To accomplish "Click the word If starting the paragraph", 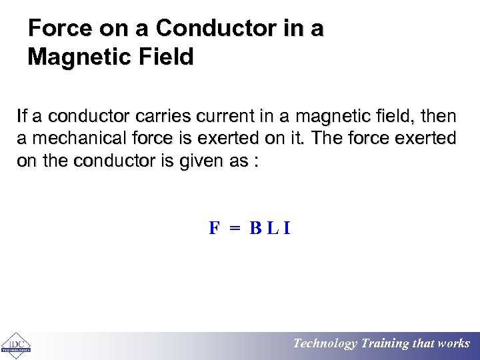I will tap(22, 118).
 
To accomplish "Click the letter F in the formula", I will tap(214, 229).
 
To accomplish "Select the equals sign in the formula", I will tap(234, 229).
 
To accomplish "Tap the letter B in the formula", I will tap(255, 229).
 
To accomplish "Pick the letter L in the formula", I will tap(273, 229).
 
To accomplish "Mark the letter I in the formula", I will tap(287, 229).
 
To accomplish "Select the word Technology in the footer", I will tap(325, 344).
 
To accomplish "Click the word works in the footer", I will tap(454, 344).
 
